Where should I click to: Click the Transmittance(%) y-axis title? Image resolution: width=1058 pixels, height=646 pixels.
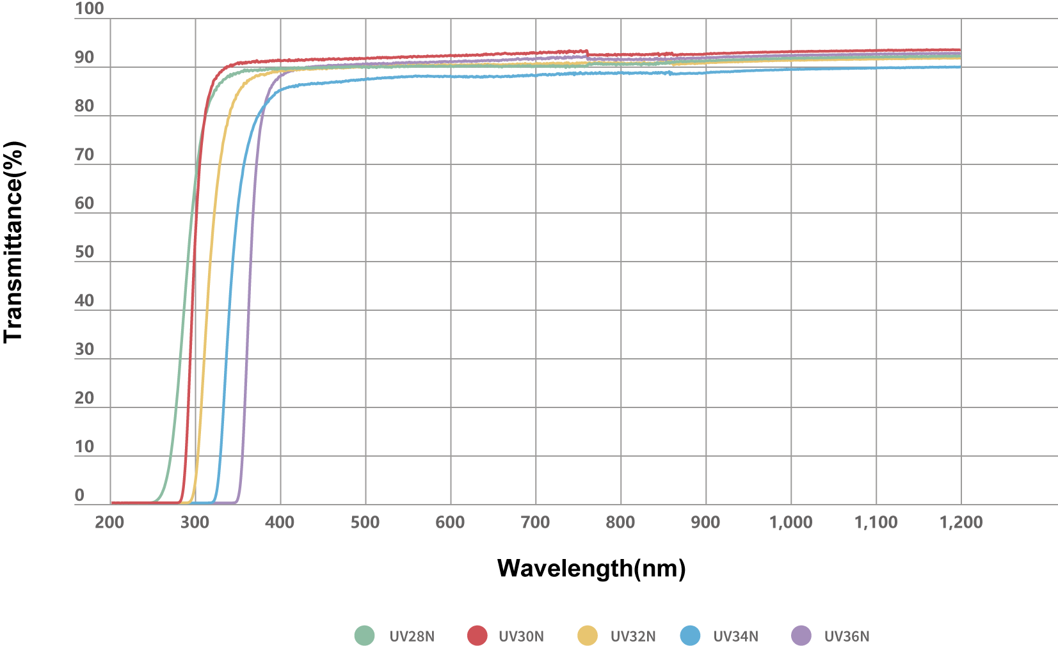coord(14,242)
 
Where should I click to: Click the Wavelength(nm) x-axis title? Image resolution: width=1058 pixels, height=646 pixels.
coord(591,568)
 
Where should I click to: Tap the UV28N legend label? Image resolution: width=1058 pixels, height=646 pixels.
coord(412,636)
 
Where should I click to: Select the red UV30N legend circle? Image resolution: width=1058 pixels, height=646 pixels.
coord(477,636)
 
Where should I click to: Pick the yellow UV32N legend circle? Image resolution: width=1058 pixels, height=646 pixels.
coord(587,636)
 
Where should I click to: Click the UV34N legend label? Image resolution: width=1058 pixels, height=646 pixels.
coord(735,636)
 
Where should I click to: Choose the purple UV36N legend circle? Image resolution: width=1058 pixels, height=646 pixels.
coord(801,636)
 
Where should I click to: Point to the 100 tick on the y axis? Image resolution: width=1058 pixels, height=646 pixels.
coord(89,9)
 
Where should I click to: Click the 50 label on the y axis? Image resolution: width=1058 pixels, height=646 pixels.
coord(84,252)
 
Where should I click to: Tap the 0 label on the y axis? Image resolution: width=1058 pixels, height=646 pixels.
coord(79,495)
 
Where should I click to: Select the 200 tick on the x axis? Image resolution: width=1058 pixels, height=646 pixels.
coord(109,523)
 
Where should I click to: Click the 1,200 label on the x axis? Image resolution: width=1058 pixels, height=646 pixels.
coord(961,523)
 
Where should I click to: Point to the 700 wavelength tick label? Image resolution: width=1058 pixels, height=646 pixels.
coord(535,523)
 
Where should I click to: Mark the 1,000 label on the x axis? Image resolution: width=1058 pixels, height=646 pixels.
coord(790,523)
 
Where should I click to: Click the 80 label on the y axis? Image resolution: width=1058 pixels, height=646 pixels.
coord(84,106)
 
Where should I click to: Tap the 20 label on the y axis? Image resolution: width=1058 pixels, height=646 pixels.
coord(84,398)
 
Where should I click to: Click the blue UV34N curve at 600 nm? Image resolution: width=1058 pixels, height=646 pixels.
coord(451,76)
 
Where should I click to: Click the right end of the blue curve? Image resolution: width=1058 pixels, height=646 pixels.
coord(960,67)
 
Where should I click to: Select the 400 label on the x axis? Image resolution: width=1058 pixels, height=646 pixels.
coord(280,523)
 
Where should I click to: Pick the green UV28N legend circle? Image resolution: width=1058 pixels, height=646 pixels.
coord(364,636)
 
